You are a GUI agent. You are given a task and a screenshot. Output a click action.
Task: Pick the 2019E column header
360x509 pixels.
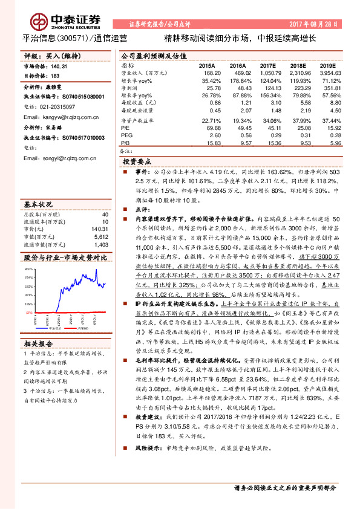pos(327,65)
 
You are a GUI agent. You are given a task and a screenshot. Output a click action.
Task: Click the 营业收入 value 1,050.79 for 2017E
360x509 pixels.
pos(267,73)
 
